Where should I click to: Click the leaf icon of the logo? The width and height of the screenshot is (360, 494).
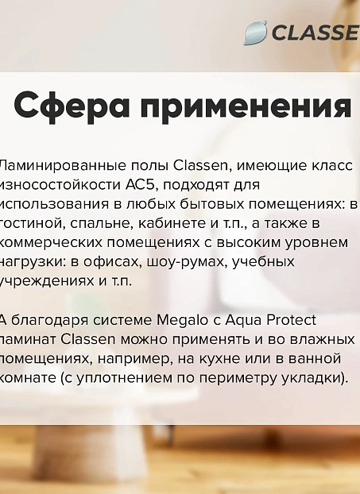pyautogui.click(x=255, y=33)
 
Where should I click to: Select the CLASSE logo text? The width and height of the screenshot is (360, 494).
pyautogui.click(x=315, y=33)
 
